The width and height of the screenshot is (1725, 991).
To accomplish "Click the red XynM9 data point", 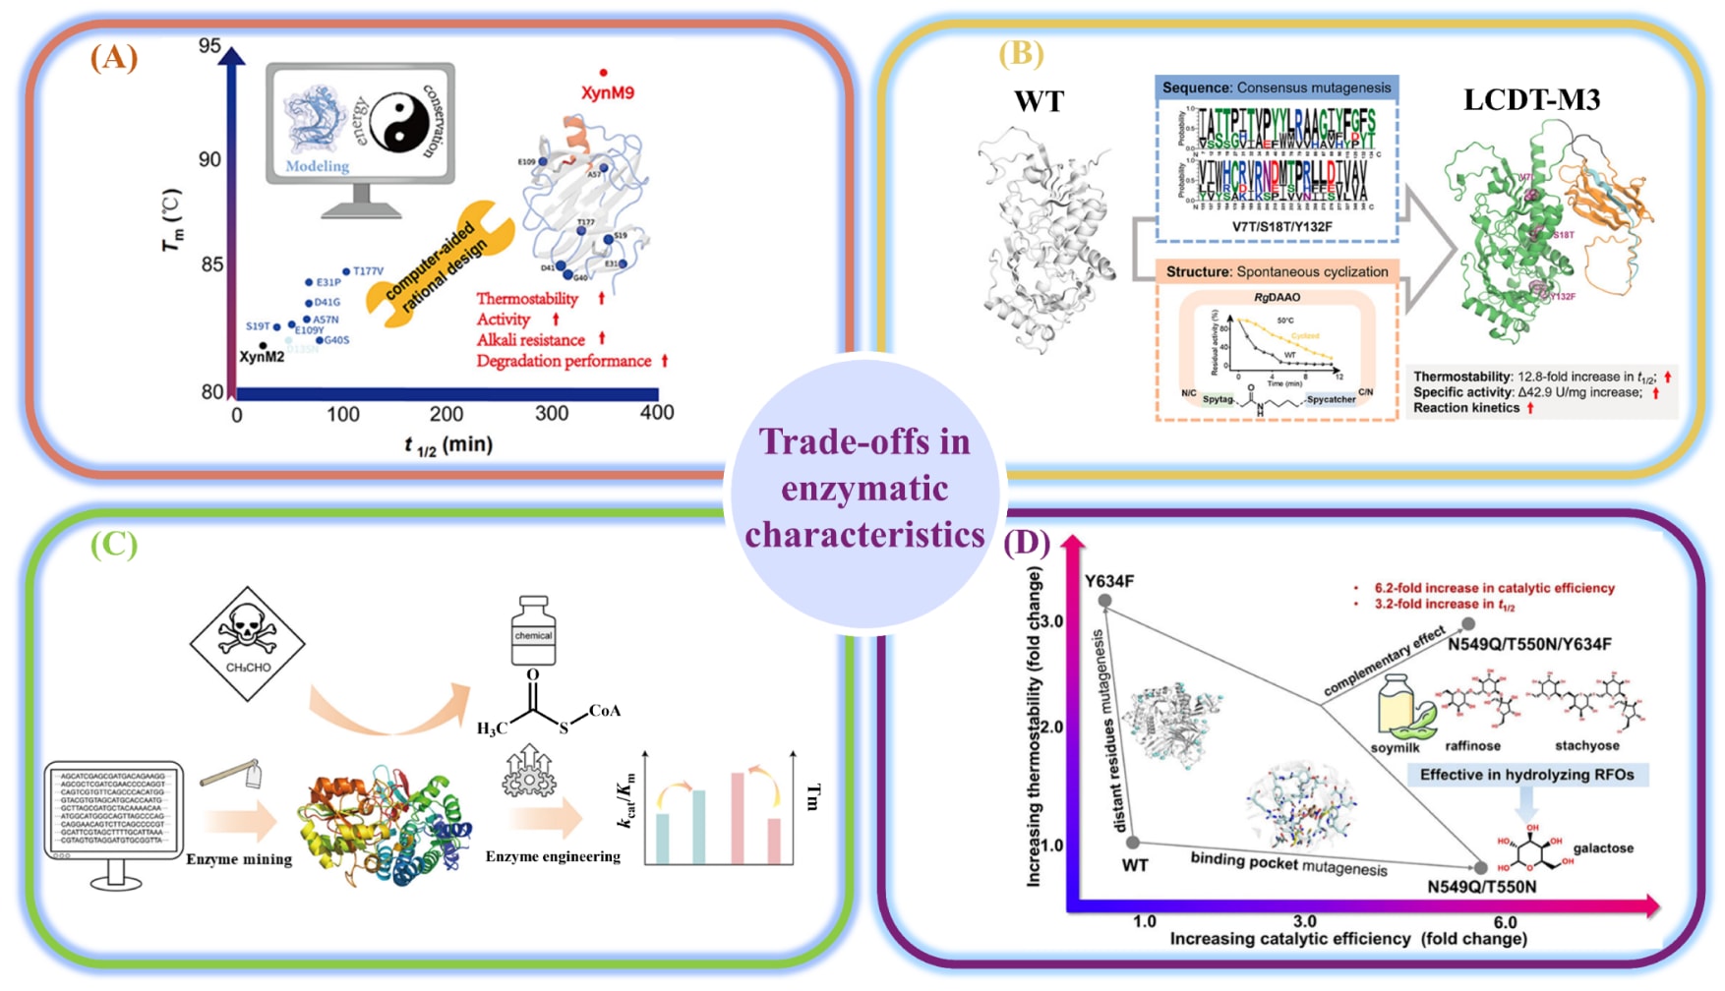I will [x=603, y=73].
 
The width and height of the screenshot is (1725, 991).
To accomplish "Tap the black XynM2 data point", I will [x=263, y=345].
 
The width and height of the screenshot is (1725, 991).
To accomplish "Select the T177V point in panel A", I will [x=346, y=271].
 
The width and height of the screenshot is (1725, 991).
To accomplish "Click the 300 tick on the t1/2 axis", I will [x=552, y=414].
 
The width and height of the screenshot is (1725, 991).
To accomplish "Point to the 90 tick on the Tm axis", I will [x=209, y=159].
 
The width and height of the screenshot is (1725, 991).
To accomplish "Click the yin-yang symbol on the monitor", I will [x=398, y=122].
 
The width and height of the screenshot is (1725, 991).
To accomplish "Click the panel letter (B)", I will [x=1021, y=53].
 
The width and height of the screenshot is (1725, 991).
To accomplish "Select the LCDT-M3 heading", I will [x=1531, y=100].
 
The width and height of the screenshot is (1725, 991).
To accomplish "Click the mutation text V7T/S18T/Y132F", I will [x=1276, y=226].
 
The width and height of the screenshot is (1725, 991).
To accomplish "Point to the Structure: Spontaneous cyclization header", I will [x=1277, y=271].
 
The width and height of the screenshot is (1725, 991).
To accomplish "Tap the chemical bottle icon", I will [x=533, y=630].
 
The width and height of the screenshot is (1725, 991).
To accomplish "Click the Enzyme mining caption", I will [x=239, y=859].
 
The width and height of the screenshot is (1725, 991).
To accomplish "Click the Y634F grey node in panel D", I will [x=1104, y=600].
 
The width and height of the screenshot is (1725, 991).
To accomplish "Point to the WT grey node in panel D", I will [x=1133, y=843].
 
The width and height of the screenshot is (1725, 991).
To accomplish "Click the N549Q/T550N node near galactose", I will [x=1481, y=868].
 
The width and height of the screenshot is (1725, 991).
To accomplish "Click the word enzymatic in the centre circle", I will [x=864, y=489].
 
